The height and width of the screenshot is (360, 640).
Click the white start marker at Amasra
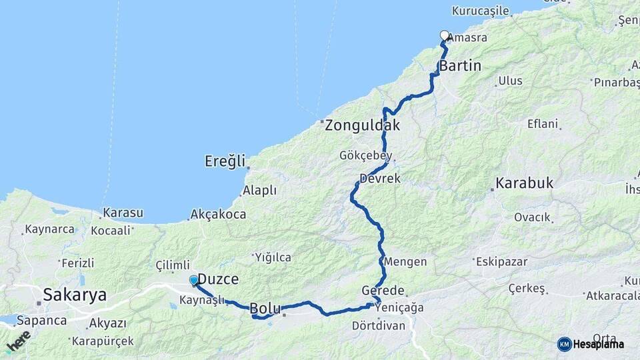coord(445,35)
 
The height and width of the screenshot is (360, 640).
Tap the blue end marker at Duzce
coord(193,280)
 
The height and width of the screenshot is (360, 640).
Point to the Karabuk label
coord(525,183)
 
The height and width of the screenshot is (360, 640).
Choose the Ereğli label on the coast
coord(225,161)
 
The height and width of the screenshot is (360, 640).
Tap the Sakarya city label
coord(74,295)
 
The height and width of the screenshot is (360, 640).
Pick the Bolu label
coord(266,309)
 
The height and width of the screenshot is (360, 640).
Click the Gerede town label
coord(383,291)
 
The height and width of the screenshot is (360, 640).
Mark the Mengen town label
coord(405,262)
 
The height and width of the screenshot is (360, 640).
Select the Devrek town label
coord(379,179)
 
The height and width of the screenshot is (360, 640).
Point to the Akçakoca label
coord(218,215)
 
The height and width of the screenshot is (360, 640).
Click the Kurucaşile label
coord(480,11)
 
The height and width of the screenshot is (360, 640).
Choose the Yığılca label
coord(273,257)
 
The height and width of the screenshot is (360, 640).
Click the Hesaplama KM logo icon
coord(564,344)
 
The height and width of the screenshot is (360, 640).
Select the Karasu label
coord(123,213)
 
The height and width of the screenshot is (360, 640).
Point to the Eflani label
coord(543,124)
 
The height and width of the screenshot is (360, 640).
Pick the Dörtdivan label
coord(377,325)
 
